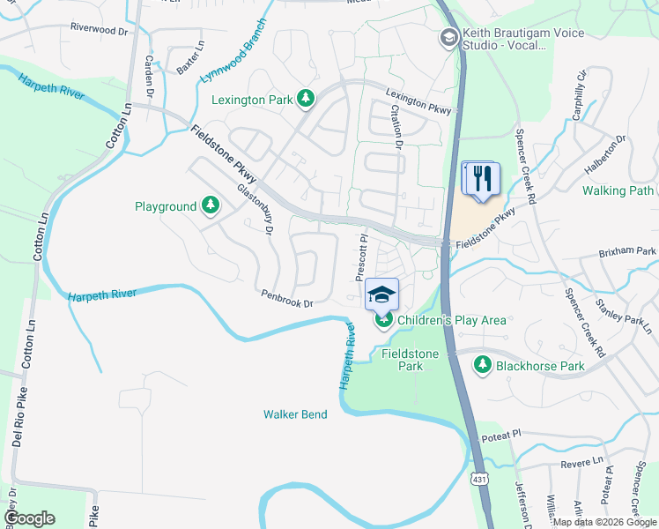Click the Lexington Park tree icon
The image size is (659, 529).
point(306,100)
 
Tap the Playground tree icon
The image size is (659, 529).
point(210,206)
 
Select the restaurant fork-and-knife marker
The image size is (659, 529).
point(481,179)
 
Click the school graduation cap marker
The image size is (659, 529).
point(382,294)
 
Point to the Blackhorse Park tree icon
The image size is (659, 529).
point(482,365)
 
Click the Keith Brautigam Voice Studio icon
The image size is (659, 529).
point(448,38)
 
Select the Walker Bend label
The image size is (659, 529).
point(295,414)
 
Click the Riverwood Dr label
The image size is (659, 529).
point(98,29)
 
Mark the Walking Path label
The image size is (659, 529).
point(618,190)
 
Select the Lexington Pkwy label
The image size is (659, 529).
point(418,102)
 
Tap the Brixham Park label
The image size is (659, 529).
point(628,251)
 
